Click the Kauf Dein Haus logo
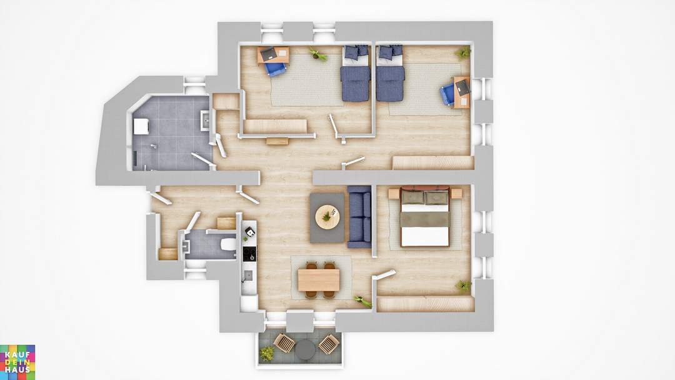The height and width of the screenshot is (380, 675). (x=17, y=362)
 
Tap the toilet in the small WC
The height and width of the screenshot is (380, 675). (x=228, y=244)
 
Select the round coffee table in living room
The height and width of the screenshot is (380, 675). (x=327, y=217)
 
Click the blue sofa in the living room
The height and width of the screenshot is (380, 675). (x=359, y=217)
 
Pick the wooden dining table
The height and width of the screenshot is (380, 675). (x=319, y=280)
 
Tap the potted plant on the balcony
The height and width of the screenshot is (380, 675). (x=267, y=353)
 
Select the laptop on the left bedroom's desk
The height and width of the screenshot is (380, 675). (x=269, y=53)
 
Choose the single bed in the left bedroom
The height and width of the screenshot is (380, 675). (x=356, y=73)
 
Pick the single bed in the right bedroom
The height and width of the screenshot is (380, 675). (x=391, y=73)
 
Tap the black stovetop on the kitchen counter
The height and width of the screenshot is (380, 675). (x=249, y=254)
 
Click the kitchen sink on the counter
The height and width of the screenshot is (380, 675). (x=248, y=276)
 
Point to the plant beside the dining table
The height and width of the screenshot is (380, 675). (x=363, y=301)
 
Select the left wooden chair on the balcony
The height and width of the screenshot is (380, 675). (x=284, y=343)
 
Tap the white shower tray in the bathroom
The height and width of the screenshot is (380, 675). (x=141, y=127)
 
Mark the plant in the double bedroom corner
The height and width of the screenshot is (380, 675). (x=464, y=286)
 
